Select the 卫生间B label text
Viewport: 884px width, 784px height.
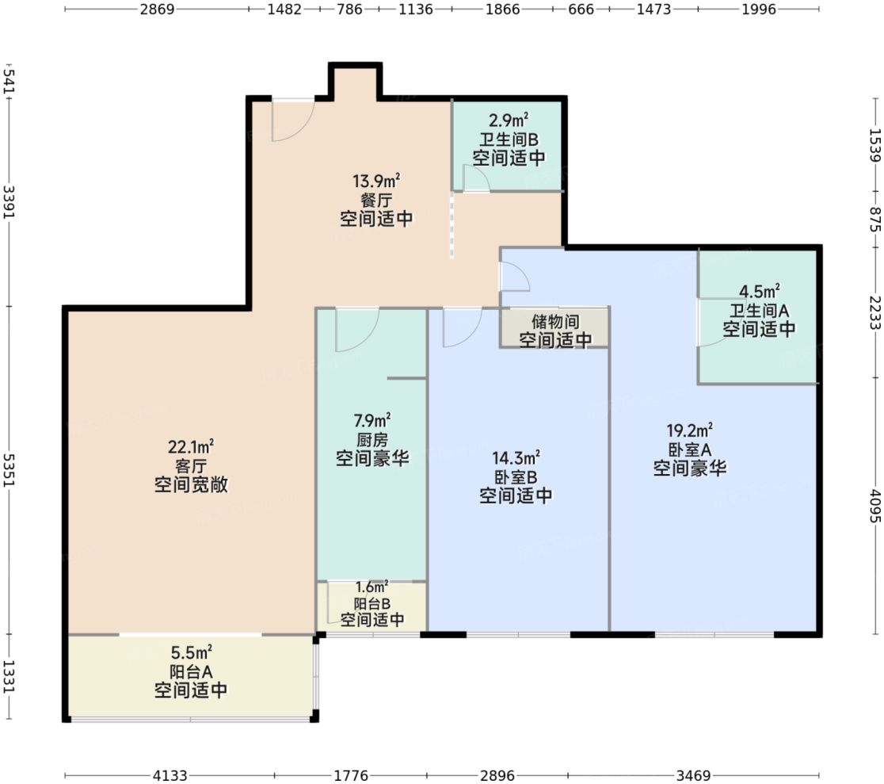[508, 139]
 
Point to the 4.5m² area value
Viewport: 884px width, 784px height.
[759, 289]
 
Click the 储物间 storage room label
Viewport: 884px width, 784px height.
[555, 323]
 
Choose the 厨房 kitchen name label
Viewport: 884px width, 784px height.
[372, 439]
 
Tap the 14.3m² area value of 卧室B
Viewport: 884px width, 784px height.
[516, 457]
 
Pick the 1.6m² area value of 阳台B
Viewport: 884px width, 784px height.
[372, 587]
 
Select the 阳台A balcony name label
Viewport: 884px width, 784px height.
[191, 672]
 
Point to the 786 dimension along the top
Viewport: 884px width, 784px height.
[349, 10]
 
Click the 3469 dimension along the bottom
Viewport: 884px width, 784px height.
[693, 775]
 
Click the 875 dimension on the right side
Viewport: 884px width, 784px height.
[874, 215]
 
